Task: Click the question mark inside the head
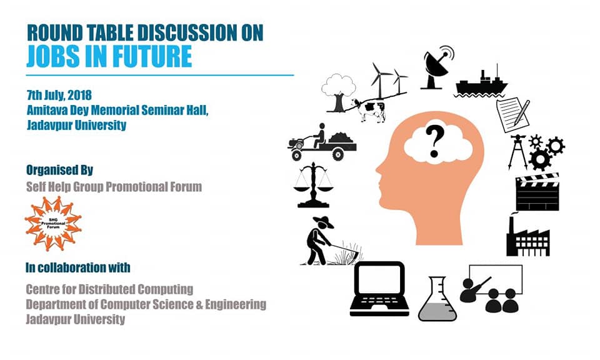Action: (435, 141)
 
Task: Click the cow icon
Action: (369, 110)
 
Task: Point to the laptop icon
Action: (379, 289)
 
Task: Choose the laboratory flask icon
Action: (437, 299)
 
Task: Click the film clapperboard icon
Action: (537, 192)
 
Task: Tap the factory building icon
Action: (528, 236)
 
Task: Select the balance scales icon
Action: (313, 186)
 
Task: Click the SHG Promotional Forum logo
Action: (53, 223)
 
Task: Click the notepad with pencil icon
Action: (513, 114)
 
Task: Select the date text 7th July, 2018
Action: (59, 95)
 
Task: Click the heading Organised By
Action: (60, 170)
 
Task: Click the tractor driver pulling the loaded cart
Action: (322, 142)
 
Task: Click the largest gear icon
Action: (540, 159)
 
